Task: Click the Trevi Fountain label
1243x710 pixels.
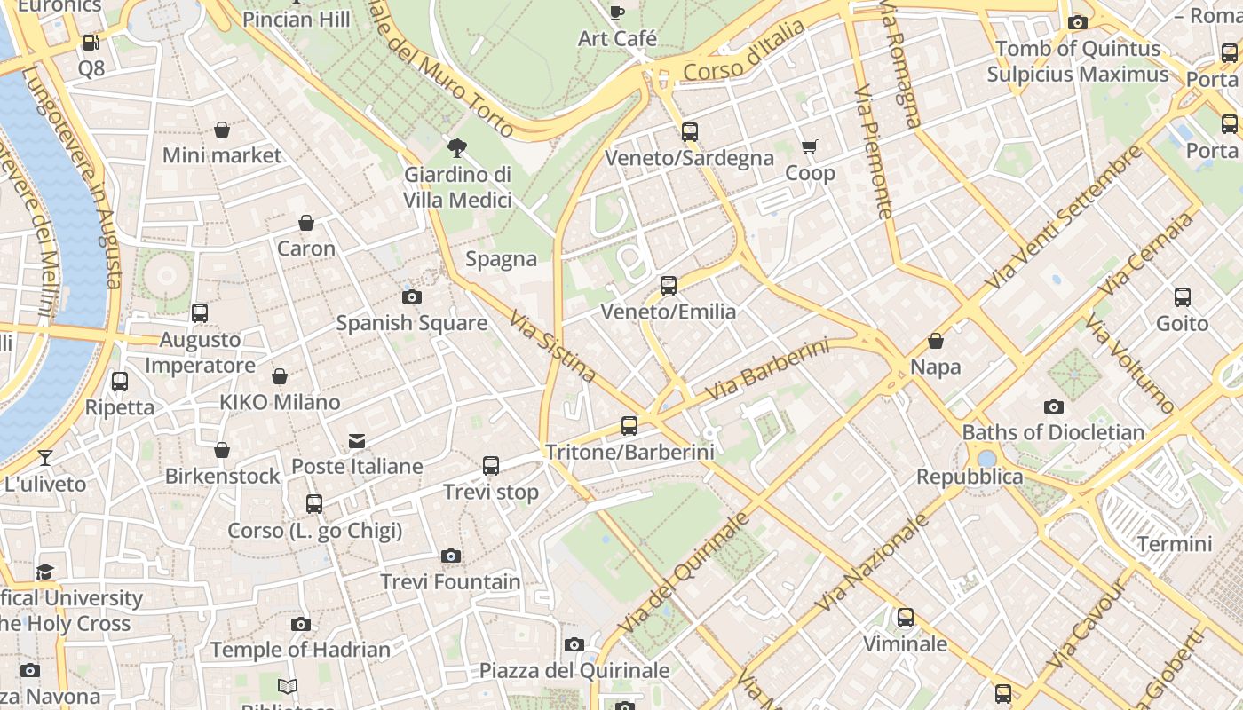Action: point(450,582)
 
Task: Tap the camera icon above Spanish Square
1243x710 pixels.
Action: point(412,296)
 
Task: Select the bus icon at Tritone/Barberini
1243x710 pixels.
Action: point(629,426)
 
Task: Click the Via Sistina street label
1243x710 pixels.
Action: point(551,345)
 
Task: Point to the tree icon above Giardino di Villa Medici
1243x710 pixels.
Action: point(457,147)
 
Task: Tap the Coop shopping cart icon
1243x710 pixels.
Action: point(809,146)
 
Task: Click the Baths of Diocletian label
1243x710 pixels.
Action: point(1053,433)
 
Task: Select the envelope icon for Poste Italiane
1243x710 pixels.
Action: point(357,440)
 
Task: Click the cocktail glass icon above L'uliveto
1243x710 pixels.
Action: point(45,458)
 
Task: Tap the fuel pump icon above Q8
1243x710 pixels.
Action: point(91,42)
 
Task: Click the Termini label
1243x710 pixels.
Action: point(1175,544)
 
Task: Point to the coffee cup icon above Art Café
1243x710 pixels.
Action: point(617,12)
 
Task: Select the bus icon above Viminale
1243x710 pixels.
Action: point(905,618)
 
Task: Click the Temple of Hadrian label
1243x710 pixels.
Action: point(300,651)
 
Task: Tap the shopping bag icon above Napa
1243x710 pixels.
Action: point(935,341)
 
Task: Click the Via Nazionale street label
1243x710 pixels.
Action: point(871,562)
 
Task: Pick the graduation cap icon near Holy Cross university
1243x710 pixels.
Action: point(45,572)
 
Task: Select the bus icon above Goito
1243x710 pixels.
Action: point(1182,297)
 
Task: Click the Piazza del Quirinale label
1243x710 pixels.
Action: point(574,671)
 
